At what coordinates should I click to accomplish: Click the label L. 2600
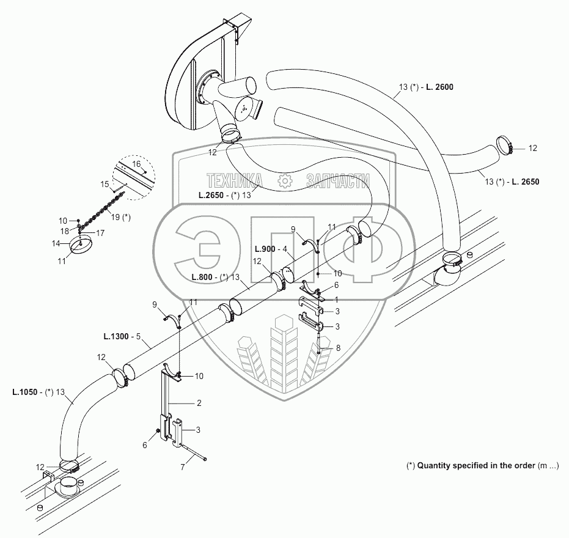pos(439,87)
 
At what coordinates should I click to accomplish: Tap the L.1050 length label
pos(25,392)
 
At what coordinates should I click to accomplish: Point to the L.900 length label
pos(264,249)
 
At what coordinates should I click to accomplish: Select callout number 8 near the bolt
pos(337,348)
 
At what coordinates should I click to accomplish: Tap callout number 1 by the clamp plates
pos(337,300)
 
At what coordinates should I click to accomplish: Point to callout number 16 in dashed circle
pos(136,164)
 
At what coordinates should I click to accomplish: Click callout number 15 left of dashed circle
pos(104,183)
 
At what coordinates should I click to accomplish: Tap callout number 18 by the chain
pos(64,230)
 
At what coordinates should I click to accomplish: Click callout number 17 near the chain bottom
pos(100,232)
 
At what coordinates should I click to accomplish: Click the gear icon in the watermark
pos(283,180)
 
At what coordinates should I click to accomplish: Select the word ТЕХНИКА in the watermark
pos(235,180)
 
